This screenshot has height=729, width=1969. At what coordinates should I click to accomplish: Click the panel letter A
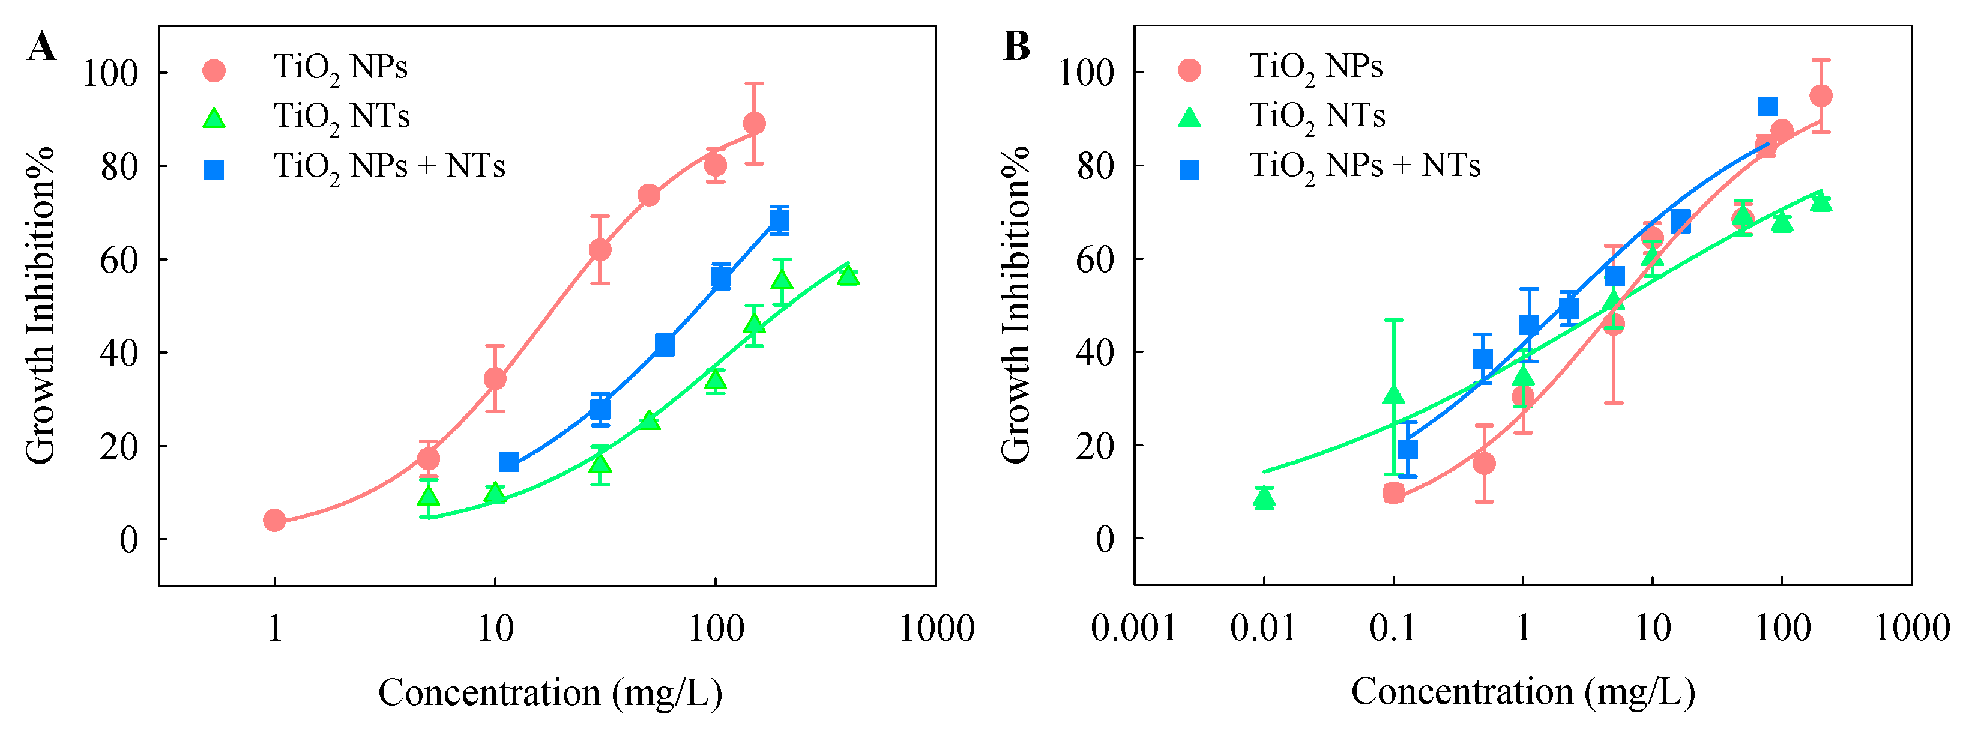pos(41,47)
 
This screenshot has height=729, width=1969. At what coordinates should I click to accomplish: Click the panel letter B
pos(1016,47)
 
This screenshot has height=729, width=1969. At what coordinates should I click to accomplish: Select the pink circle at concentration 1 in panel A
pos(274,520)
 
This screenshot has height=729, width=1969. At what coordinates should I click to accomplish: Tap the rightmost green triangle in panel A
pos(848,274)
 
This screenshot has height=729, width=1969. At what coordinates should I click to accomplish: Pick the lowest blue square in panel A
pos(508,462)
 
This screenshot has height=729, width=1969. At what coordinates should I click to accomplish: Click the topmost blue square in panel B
pos(1767,106)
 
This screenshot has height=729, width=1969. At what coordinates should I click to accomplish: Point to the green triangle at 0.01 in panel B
pos(1264,497)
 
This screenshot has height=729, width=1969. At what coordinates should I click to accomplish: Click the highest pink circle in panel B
pos(1821,95)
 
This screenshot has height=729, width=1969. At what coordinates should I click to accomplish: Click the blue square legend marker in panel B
pos(1189,169)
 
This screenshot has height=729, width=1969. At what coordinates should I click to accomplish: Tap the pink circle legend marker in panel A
pos(214,70)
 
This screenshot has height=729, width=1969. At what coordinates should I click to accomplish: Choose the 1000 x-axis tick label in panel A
pos(936,629)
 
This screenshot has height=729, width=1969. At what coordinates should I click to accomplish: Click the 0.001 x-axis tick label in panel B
pos(1133,629)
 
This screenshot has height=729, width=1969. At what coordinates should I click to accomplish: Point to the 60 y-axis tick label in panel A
pos(119,259)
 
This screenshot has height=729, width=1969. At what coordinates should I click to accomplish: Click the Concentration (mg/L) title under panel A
pos(549,693)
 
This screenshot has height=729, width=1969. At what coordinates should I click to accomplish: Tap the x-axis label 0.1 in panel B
pos(1393,629)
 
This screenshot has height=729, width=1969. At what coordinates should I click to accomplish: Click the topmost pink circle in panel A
pos(753,123)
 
